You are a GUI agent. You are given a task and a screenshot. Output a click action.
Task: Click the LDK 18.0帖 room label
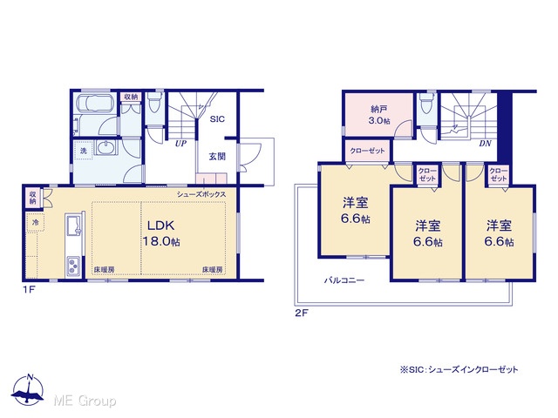[x=161, y=233]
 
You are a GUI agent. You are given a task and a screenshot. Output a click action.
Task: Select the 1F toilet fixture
[x=155, y=103]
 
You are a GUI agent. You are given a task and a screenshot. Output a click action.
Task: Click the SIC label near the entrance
[x=217, y=119]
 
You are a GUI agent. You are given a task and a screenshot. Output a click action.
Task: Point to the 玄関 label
[x=217, y=157]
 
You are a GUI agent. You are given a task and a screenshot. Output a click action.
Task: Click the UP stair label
[x=180, y=144]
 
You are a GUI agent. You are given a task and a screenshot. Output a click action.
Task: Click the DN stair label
[x=485, y=144]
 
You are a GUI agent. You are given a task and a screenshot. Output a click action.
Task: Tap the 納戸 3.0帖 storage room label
[x=379, y=115]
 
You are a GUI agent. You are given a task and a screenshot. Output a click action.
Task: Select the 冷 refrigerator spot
[x=35, y=223]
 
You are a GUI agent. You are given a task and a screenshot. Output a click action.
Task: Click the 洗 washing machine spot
[x=84, y=151]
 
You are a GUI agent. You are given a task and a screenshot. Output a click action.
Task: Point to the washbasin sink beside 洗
[x=105, y=147]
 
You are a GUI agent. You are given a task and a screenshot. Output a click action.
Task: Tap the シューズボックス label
[x=201, y=194]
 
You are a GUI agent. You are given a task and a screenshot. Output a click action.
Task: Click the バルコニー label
[x=344, y=280]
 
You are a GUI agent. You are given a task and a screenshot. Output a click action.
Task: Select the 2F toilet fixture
[x=426, y=103]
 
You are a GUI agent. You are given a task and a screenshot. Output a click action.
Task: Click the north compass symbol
[x=28, y=390]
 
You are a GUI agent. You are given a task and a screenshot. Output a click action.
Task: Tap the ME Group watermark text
[x=85, y=401]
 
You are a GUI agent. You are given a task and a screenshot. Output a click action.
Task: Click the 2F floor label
[x=301, y=313]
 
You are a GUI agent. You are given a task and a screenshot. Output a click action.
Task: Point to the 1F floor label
[x=29, y=290]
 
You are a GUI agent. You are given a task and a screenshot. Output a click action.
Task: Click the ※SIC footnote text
[x=459, y=370]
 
